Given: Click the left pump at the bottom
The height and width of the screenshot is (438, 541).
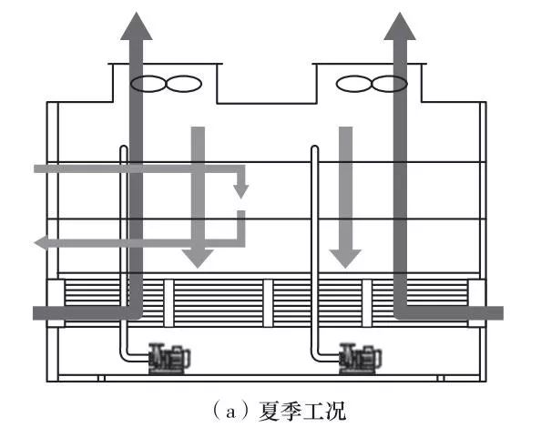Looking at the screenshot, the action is pyautogui.click(x=169, y=359).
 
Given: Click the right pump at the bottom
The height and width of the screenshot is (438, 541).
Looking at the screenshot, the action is pyautogui.click(x=361, y=359).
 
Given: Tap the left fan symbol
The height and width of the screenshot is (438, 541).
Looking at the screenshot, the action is pyautogui.click(x=166, y=84).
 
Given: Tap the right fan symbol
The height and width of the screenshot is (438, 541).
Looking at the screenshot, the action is pyautogui.click(x=372, y=84).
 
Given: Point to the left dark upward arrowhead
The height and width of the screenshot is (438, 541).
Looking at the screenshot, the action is pyautogui.click(x=137, y=26).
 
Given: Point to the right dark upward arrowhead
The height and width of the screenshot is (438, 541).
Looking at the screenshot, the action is pyautogui.click(x=400, y=26).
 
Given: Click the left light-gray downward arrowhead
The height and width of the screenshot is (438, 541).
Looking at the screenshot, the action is pyautogui.click(x=198, y=259).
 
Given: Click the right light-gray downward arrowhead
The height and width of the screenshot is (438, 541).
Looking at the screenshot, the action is pyautogui.click(x=345, y=259).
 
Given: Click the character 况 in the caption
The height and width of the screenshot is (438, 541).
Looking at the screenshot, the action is pyautogui.click(x=335, y=411).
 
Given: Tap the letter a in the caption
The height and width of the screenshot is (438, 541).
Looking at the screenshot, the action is pyautogui.click(x=230, y=413).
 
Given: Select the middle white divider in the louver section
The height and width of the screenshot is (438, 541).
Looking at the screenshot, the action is pyautogui.click(x=268, y=303).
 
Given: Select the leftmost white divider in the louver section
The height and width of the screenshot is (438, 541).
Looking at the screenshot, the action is pyautogui.click(x=168, y=303).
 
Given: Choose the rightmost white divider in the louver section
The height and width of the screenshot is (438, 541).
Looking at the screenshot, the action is pyautogui.click(x=367, y=303).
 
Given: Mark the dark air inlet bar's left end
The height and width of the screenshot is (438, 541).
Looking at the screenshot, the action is pyautogui.click(x=34, y=313).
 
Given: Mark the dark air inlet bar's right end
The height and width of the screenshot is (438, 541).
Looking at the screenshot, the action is pyautogui.click(x=503, y=313).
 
